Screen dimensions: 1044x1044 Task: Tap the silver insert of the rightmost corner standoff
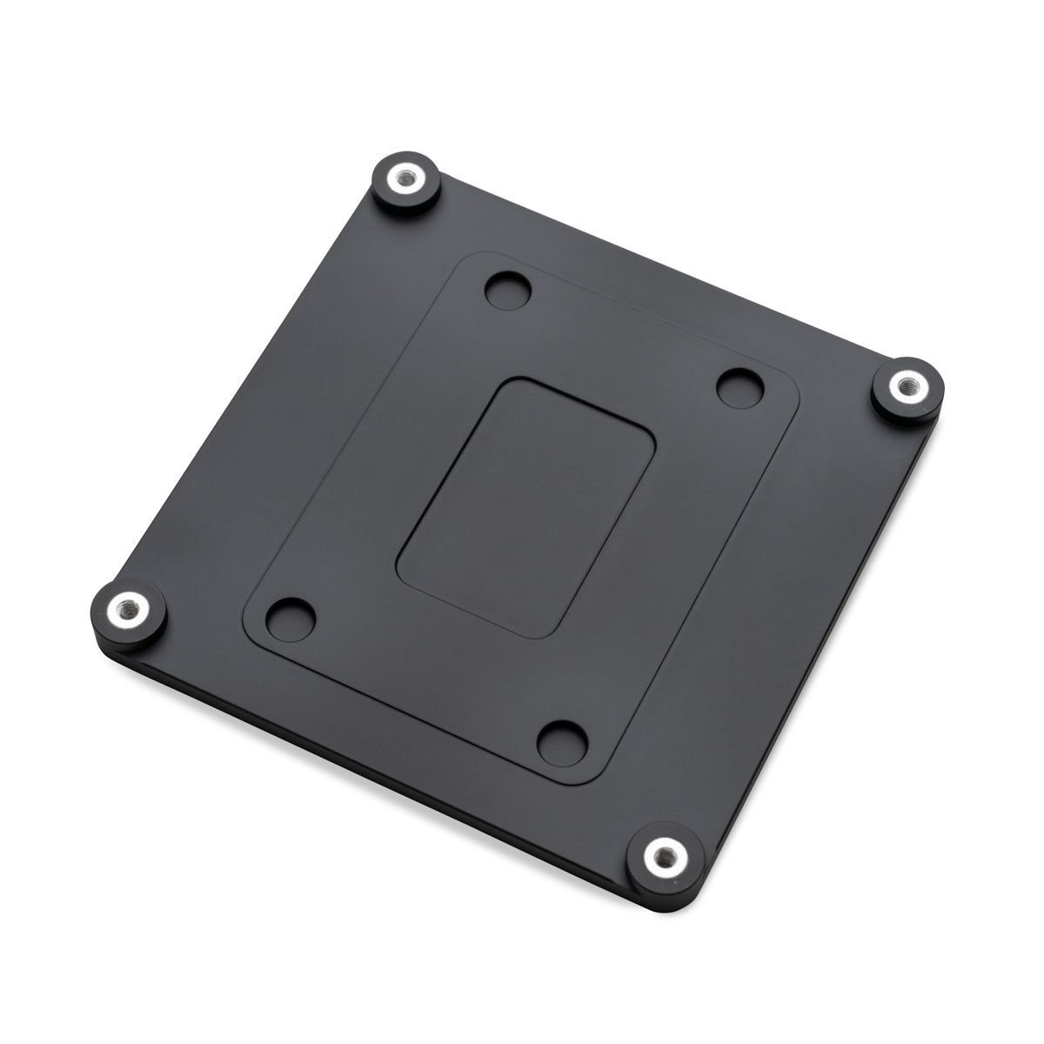[x=907, y=384]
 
